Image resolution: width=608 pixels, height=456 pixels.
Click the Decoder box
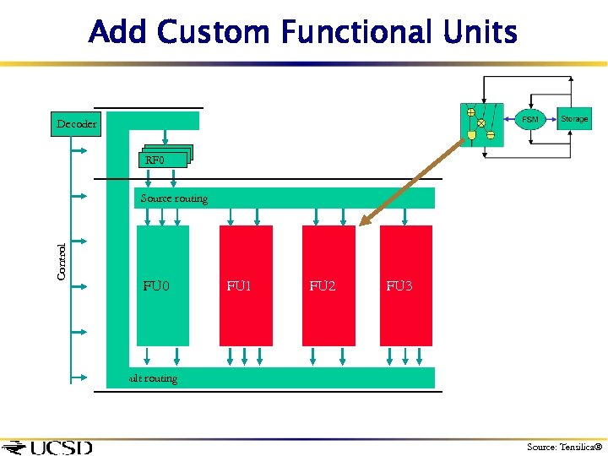(x=76, y=124)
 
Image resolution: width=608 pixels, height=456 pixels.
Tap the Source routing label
(x=174, y=198)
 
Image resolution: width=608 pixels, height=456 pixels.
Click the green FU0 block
(x=162, y=285)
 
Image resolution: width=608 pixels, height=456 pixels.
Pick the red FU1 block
(x=246, y=285)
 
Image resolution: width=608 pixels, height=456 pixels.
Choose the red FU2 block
(x=328, y=285)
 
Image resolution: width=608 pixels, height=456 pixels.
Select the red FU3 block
(x=406, y=285)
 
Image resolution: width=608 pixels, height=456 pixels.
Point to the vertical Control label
(x=62, y=262)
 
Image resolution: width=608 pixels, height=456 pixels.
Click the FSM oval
(x=529, y=120)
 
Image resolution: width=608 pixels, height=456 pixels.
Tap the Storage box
(x=574, y=119)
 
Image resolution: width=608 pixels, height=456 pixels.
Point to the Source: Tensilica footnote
(x=561, y=447)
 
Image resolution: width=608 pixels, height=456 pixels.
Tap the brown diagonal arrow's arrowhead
(x=363, y=223)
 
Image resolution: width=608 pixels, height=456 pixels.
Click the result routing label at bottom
(x=153, y=378)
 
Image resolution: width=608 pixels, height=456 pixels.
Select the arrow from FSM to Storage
(x=551, y=119)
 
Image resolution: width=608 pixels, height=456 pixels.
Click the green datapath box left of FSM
(x=481, y=125)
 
